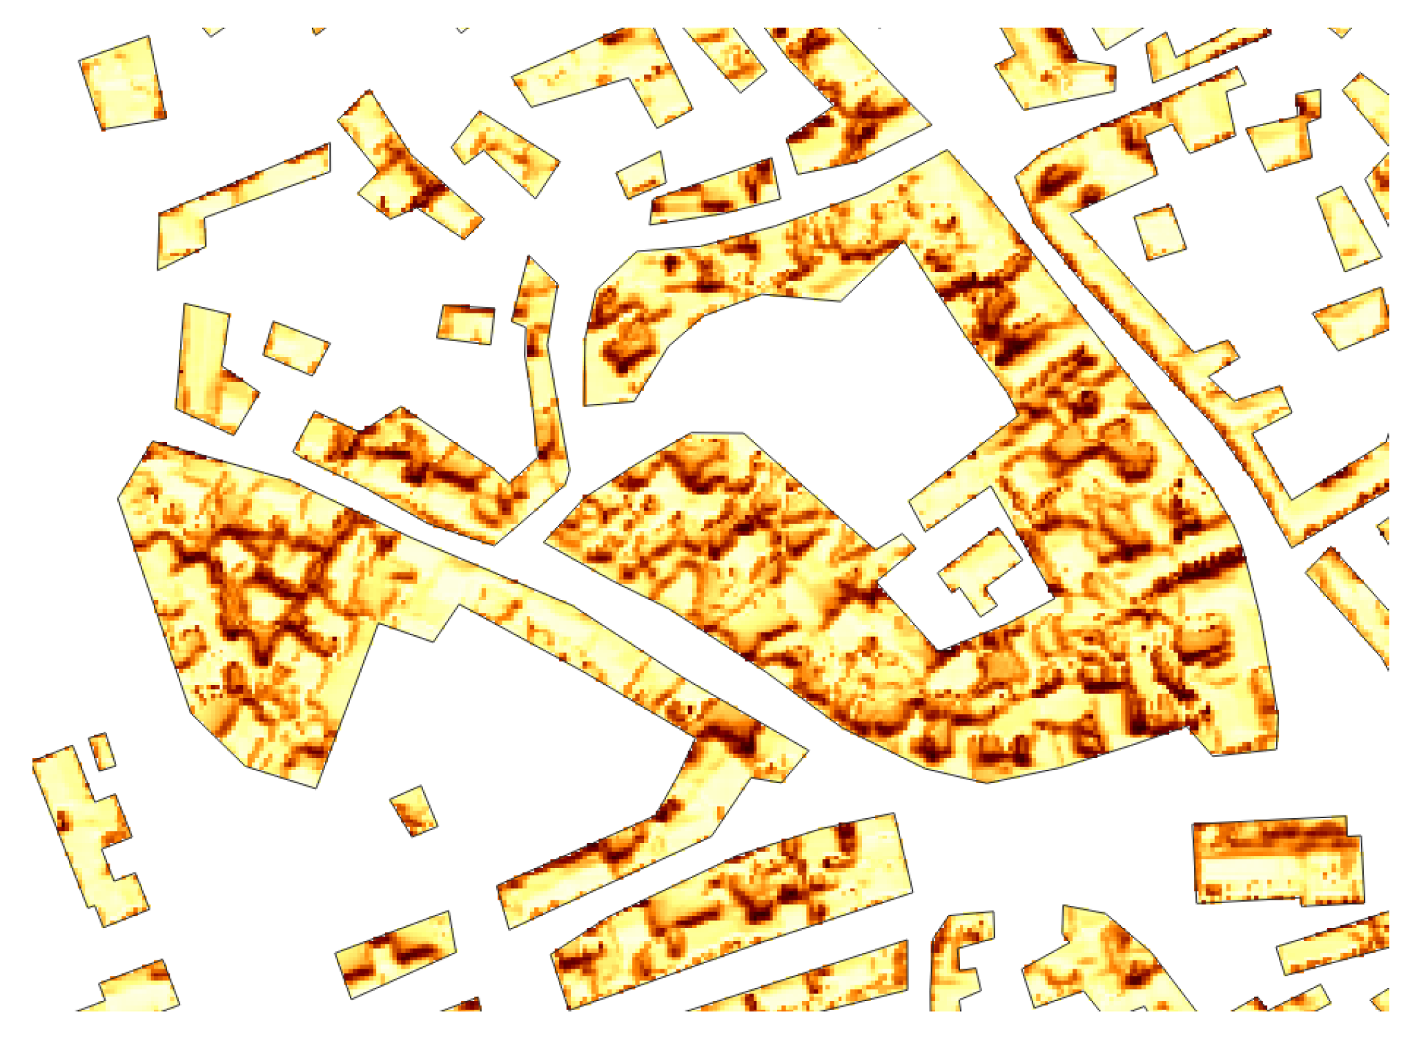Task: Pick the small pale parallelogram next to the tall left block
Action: pyautogui.click(x=296, y=347)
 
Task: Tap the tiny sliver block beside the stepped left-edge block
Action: pyautogui.click(x=102, y=751)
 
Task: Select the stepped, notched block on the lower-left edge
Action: pyautogui.click(x=90, y=835)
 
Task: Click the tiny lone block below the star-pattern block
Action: pyautogui.click(x=413, y=810)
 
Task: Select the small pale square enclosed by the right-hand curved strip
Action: pyautogui.click(x=1159, y=231)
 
